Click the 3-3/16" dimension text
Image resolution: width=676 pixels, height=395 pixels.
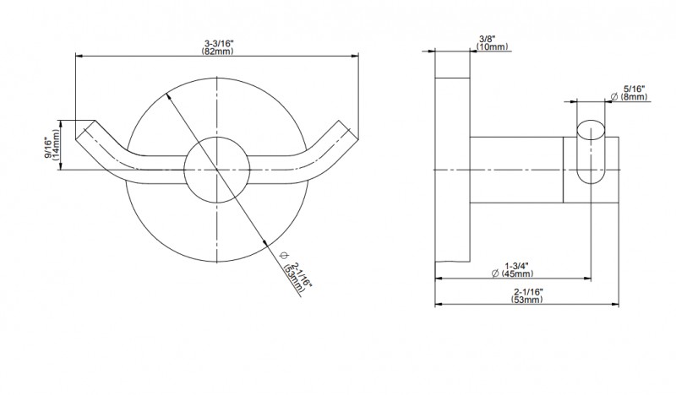point(219,44)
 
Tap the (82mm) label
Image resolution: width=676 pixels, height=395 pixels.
point(218,51)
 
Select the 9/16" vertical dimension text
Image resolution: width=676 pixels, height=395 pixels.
point(48,148)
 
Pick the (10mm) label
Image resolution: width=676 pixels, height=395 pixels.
point(492,46)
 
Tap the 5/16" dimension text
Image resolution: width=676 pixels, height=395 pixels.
point(634,89)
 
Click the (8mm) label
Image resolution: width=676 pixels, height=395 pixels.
point(635,97)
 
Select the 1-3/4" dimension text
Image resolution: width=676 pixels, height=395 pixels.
point(516,266)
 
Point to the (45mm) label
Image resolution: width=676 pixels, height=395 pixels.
point(517,273)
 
